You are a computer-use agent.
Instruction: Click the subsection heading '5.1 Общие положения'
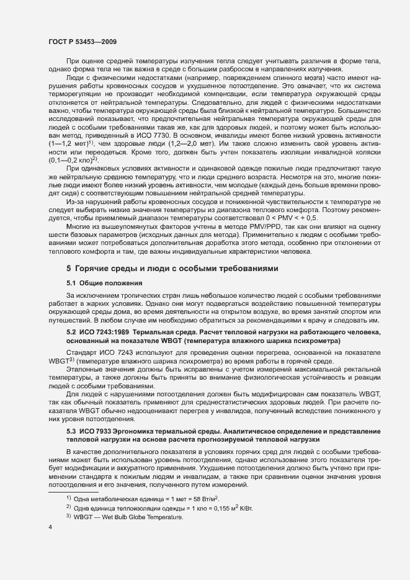point(102,283)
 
